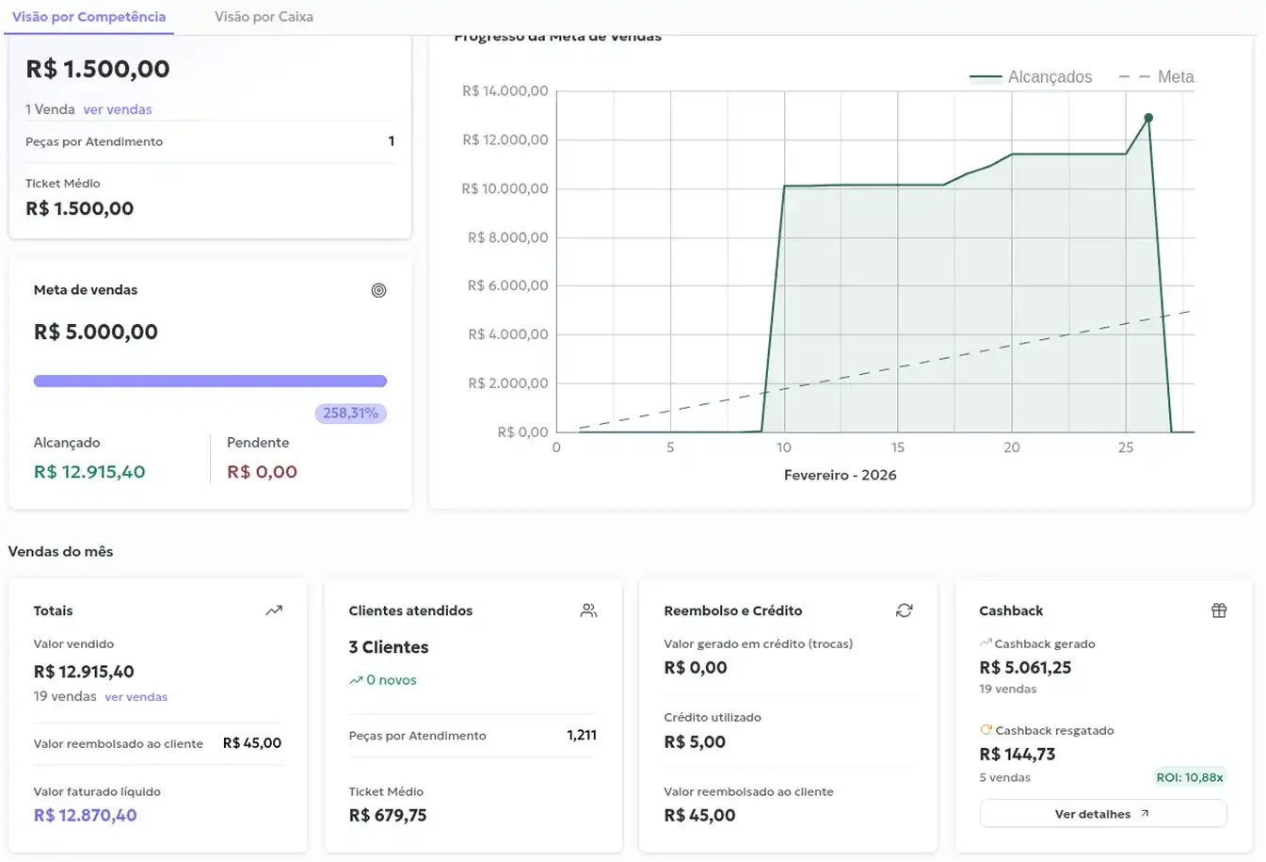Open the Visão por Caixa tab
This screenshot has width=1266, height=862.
point(264,17)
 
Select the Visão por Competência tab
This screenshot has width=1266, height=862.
point(88,17)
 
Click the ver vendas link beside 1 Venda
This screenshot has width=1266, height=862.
point(118,109)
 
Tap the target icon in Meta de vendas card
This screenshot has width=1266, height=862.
point(378,290)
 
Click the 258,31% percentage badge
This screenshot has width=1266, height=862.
point(350,414)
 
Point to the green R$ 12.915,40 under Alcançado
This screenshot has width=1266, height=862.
point(89,472)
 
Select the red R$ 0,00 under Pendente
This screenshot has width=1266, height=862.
point(262,472)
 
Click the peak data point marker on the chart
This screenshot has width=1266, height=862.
point(1148,118)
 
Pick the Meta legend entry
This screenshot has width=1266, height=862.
point(1157,77)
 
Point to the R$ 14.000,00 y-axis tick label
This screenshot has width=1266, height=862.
point(505,91)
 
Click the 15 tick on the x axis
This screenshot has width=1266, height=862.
point(898,447)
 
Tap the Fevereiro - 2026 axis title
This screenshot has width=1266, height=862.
point(840,475)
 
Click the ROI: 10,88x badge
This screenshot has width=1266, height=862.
point(1190,777)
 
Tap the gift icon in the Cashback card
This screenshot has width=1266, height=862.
point(1219,610)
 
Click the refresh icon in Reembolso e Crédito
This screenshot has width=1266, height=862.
point(904,610)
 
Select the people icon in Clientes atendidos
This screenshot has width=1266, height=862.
point(588,610)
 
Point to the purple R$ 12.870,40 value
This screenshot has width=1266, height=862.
point(85,816)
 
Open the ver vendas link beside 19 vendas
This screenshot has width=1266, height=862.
point(136,697)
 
